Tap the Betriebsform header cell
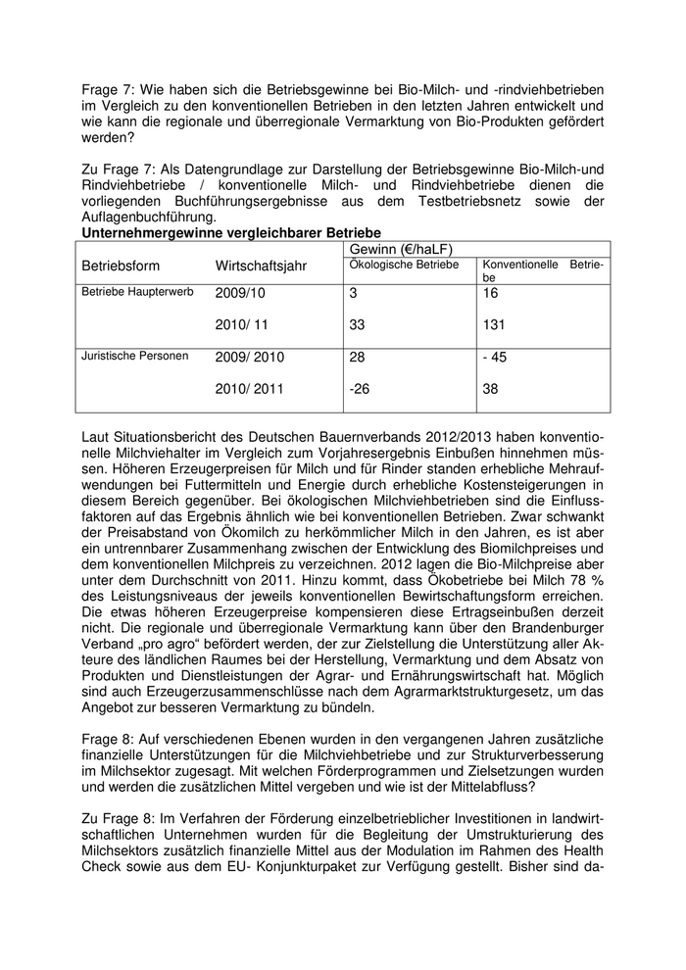[121, 266]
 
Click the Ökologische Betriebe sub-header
[404, 264]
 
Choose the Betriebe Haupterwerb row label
[137, 291]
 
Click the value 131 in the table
[496, 323]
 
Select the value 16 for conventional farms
[491, 292]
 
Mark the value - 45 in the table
[495, 357]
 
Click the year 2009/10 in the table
[240, 292]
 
